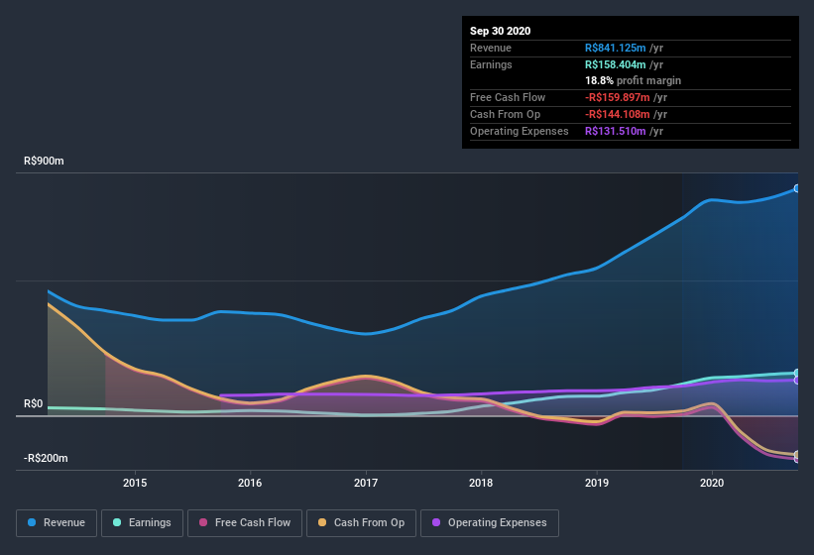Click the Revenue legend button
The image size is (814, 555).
point(57,522)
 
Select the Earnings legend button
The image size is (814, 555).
point(142,522)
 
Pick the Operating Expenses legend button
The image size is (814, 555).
point(490,522)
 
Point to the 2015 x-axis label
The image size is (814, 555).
point(135,483)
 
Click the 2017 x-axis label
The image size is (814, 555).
point(366,483)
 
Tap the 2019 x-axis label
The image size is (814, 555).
point(597,483)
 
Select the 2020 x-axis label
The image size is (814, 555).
point(712,483)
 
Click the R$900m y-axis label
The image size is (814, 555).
point(45,161)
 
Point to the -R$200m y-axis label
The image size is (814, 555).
point(47,458)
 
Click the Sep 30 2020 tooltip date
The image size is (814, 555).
point(501,31)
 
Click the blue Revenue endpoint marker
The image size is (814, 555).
point(796,188)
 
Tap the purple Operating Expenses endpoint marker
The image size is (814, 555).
point(796,380)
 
